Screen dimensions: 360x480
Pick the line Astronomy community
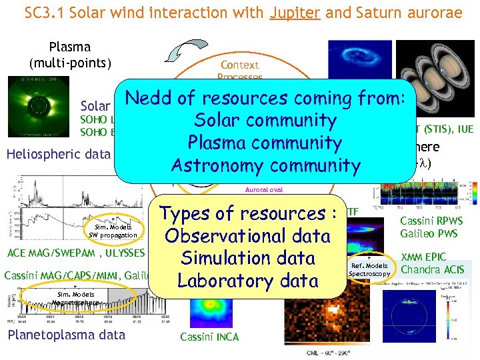[265, 166]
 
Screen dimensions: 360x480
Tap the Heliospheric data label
[58, 154]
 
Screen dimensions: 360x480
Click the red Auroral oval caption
[265, 190]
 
